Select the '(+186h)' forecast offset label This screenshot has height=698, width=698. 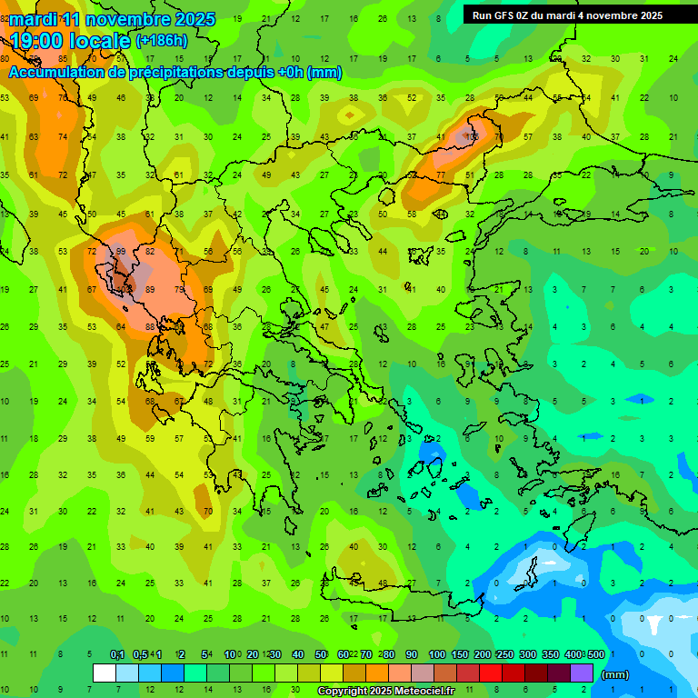click(x=162, y=41)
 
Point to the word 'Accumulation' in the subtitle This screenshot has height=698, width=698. click(x=55, y=73)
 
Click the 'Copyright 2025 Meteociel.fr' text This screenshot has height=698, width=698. click(x=398, y=692)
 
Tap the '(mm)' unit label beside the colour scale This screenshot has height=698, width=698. click(x=615, y=674)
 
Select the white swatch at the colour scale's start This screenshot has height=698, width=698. click(x=105, y=673)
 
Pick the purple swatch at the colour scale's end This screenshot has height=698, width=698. click(x=582, y=673)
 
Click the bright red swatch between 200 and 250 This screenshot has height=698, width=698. click(x=491, y=673)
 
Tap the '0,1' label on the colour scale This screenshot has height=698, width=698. click(x=117, y=655)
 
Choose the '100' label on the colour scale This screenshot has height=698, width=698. click(x=436, y=655)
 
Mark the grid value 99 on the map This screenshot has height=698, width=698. click(x=121, y=252)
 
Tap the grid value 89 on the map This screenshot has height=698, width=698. click(x=150, y=289)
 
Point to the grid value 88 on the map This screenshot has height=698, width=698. click(x=150, y=326)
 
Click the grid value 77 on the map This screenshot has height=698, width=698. click(x=441, y=174)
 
